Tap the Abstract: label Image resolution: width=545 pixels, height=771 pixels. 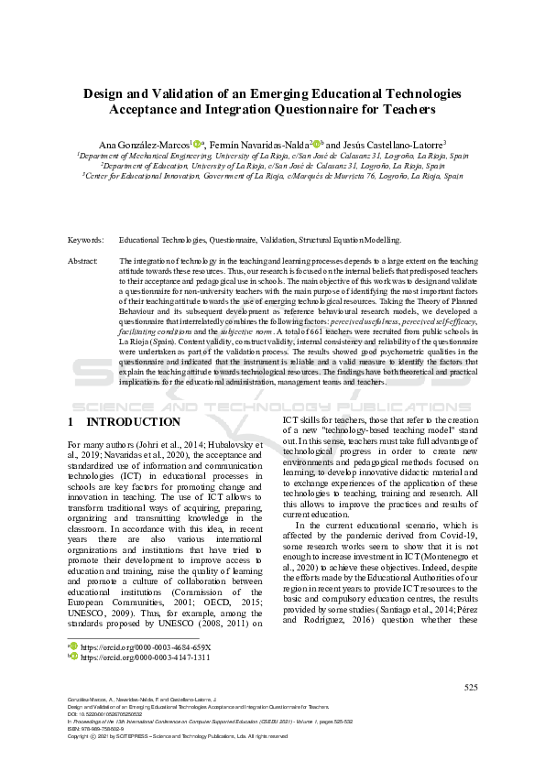pos(83,261)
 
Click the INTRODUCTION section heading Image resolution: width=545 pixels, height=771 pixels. pos(133,422)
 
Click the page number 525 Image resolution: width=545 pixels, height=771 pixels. pos(471,687)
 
